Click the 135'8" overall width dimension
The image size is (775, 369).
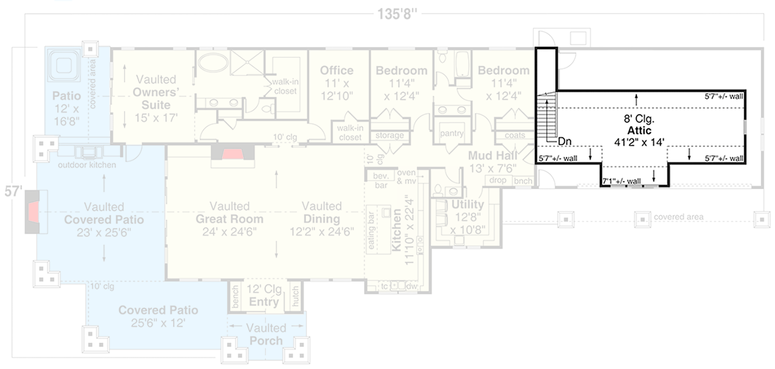397,14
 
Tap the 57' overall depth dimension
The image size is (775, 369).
13,191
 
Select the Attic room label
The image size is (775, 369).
639,131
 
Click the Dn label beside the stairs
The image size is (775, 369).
565,142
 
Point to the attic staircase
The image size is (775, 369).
547,118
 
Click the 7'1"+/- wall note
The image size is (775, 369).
622,181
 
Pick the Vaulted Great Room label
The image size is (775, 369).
229,219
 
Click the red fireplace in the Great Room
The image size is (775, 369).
233,154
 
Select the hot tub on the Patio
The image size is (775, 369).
64,64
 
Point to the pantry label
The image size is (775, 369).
451,133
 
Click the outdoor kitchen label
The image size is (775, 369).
87,165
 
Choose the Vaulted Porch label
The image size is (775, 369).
266,334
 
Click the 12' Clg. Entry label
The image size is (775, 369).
264,296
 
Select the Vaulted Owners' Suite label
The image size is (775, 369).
156,99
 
